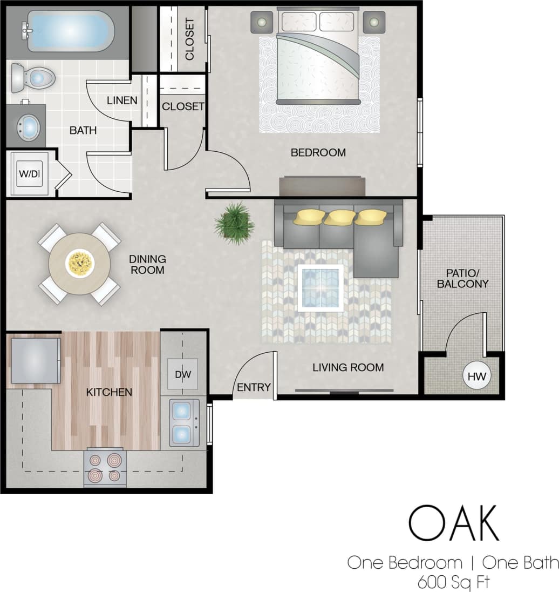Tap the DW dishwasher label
coord(182,374)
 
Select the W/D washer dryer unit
coord(29,174)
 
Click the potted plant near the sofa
coord(234,223)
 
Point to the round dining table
coord(79,264)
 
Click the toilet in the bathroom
coord(33,78)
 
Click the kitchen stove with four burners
coord(105,468)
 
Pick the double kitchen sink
coord(183,422)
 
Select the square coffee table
coord(321,288)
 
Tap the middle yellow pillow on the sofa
coord(341,217)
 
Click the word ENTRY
coord(254,387)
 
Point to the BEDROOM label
coord(318,152)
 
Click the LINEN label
coord(121,100)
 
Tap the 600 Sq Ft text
coord(453,582)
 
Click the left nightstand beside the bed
coord(262,22)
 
